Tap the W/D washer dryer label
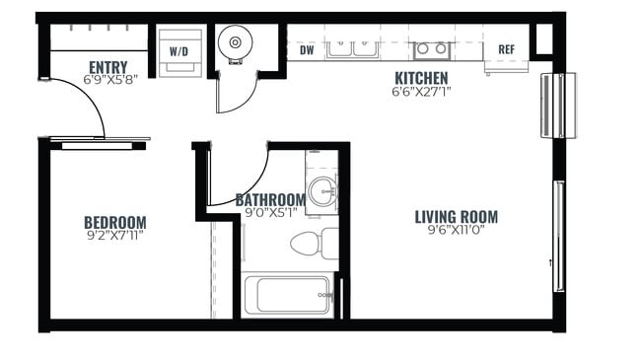179,49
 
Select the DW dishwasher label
307,49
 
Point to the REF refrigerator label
506,49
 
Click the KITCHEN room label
421,78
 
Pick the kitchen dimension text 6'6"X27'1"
421,93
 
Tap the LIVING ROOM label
456,217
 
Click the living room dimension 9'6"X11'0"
456,232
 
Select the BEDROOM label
114,222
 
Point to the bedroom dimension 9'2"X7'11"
114,236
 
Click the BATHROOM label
270,199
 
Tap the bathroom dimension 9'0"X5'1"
270,212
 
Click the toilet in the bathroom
317,243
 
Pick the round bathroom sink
320,190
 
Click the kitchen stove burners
432,48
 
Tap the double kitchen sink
352,46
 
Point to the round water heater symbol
236,43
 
